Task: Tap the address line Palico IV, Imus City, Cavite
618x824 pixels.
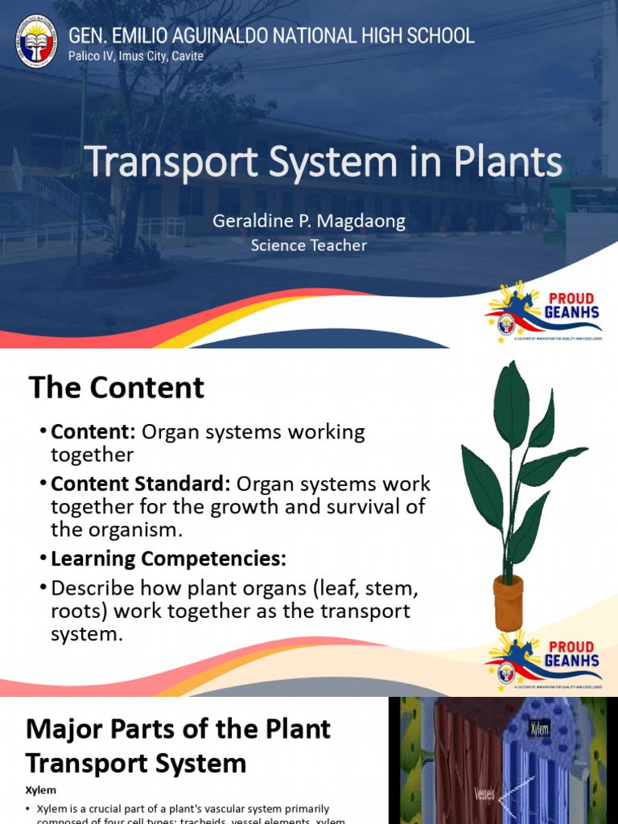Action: tap(136, 56)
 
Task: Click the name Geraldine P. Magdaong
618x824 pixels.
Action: tap(309, 221)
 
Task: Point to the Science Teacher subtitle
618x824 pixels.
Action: tap(309, 245)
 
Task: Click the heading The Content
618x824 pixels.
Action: tap(117, 388)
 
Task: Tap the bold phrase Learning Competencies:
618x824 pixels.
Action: tap(168, 558)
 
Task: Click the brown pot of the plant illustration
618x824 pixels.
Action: tap(509, 601)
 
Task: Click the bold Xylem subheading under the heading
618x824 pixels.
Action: tap(41, 791)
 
